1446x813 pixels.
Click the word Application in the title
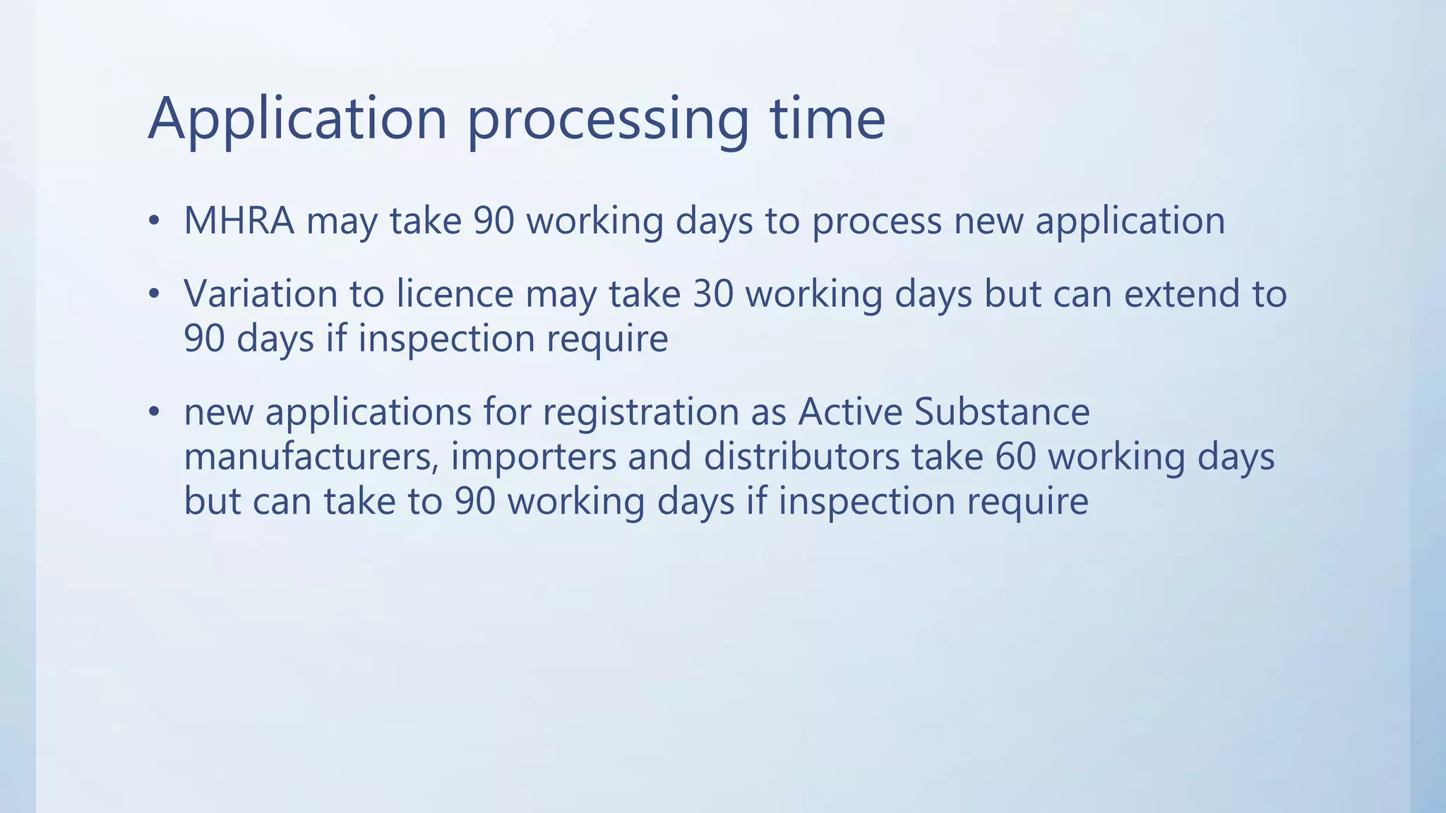(x=297, y=119)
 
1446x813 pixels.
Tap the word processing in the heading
(x=607, y=119)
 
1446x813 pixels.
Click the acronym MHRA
(x=239, y=221)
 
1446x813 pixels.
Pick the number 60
(x=1015, y=457)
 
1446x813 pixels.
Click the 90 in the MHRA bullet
(x=494, y=221)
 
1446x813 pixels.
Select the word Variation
(x=261, y=294)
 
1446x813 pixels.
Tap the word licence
(x=455, y=294)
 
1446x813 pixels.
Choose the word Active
(x=850, y=412)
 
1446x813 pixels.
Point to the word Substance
(x=1002, y=412)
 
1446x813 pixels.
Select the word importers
(x=534, y=457)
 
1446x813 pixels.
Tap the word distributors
(x=801, y=457)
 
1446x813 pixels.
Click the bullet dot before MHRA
(x=154, y=222)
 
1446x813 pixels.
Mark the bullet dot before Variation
(x=154, y=294)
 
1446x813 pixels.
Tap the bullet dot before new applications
(x=154, y=413)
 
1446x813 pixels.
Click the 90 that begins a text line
(x=204, y=339)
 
